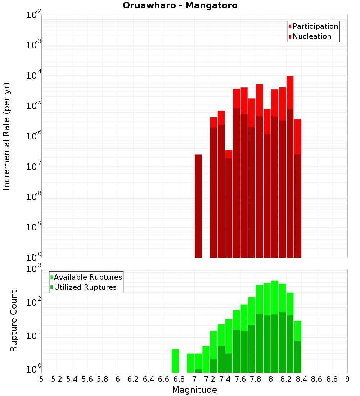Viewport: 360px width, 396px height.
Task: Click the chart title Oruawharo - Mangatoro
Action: tap(180, 6)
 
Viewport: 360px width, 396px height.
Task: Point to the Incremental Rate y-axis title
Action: tap(7, 136)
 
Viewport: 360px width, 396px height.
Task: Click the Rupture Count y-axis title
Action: tap(14, 320)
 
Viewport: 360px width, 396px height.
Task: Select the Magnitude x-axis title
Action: tap(194, 390)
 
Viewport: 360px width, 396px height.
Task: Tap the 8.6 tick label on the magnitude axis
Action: tap(317, 379)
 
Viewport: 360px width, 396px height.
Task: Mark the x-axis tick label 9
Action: tap(347, 379)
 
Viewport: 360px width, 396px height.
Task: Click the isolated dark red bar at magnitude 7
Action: tap(198, 205)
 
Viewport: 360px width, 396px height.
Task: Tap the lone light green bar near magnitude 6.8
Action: tap(175, 361)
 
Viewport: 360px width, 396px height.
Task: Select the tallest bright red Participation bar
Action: tap(290, 92)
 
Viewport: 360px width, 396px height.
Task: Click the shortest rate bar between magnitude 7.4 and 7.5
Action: tap(229, 205)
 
